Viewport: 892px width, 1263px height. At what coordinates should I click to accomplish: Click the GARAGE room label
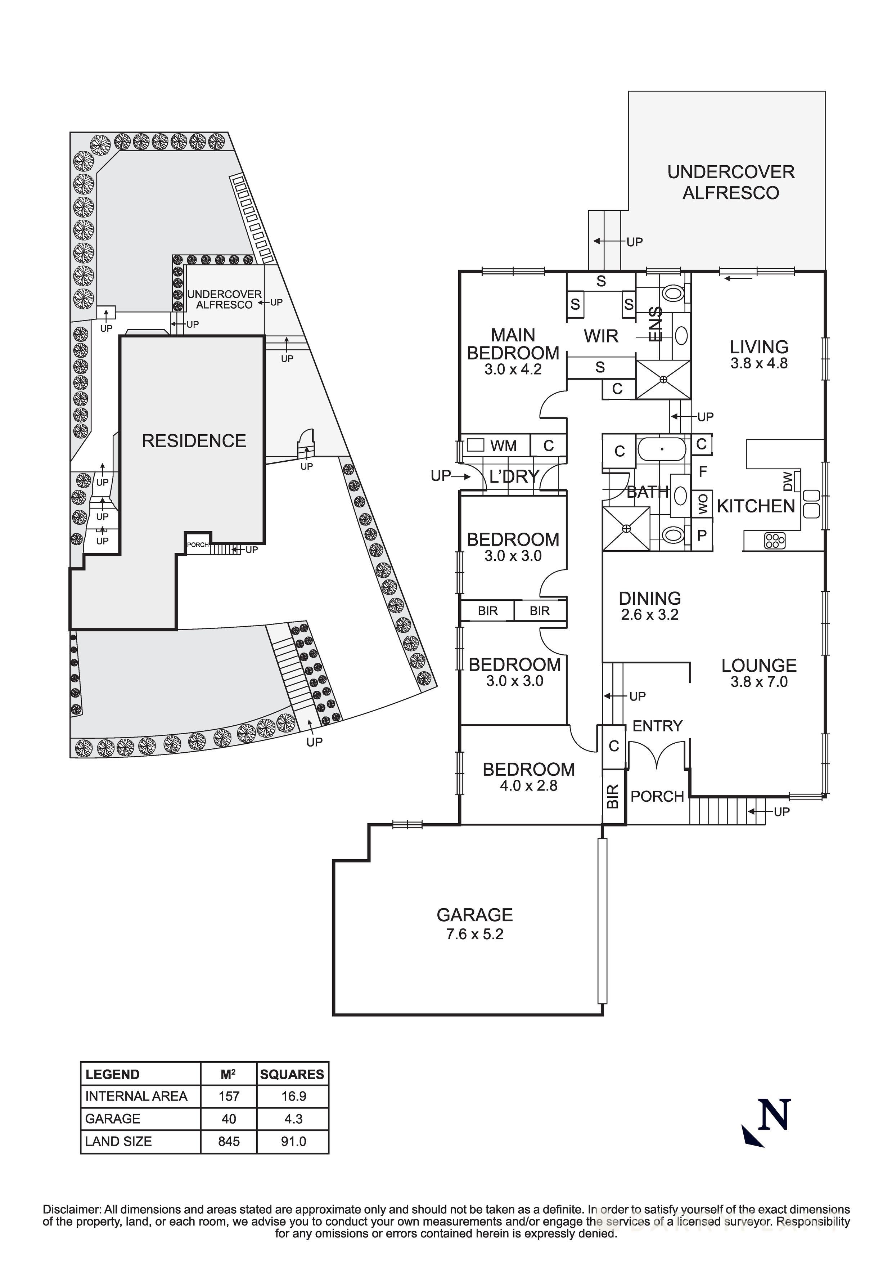(x=474, y=915)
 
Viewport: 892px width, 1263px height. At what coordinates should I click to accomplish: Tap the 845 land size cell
(x=229, y=1141)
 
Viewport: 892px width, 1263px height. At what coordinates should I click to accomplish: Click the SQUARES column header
(x=292, y=1074)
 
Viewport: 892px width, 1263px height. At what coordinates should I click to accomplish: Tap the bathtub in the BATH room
(x=662, y=449)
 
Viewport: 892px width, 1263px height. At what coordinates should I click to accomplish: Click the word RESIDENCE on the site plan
(x=194, y=441)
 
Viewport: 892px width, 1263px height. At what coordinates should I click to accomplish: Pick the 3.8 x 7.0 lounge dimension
(x=759, y=682)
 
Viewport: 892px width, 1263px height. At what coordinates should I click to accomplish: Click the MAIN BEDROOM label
(x=513, y=344)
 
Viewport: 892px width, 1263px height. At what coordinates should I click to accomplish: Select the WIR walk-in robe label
(x=601, y=336)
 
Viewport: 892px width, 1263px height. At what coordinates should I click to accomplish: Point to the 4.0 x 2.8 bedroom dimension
(x=528, y=785)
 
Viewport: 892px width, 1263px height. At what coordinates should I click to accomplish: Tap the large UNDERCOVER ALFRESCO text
(x=731, y=182)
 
